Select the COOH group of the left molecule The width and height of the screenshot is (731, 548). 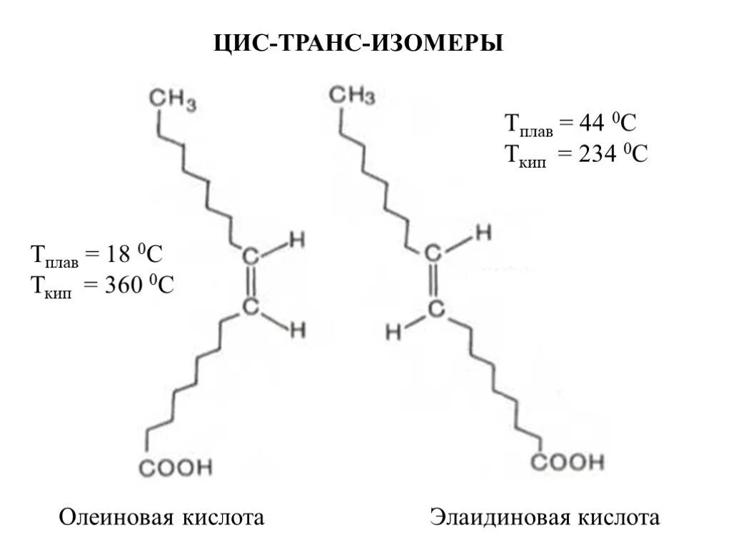click(176, 468)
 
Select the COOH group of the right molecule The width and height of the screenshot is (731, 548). click(568, 462)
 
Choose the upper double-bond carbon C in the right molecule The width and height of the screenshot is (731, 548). click(433, 254)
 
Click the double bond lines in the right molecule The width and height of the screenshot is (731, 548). click(433, 281)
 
